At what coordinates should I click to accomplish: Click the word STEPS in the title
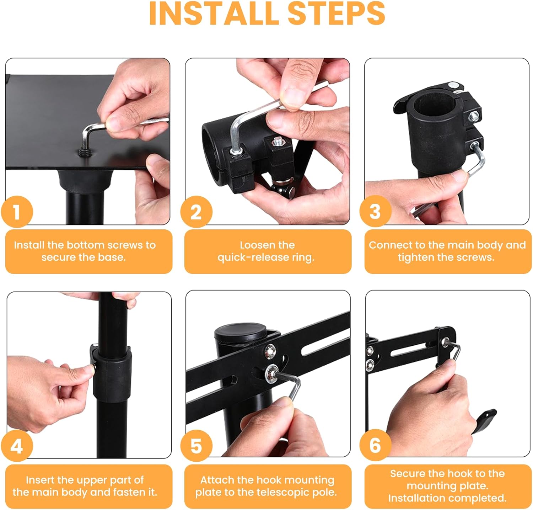336,13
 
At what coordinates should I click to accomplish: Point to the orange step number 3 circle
375,211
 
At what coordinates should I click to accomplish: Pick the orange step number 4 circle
17,445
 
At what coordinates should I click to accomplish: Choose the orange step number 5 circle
196,445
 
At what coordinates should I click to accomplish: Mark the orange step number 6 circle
375,445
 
